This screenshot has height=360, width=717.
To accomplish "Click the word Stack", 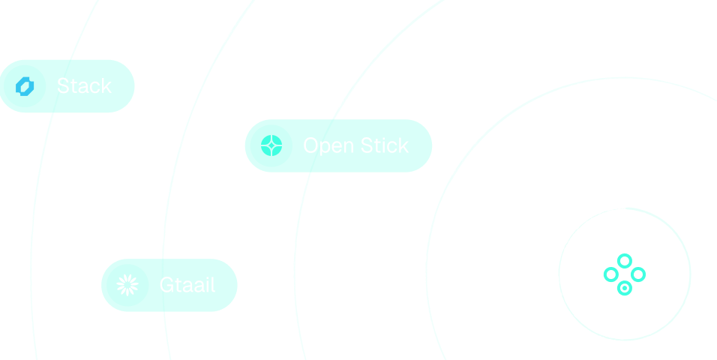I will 84,86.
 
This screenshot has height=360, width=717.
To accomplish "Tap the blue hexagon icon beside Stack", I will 25,86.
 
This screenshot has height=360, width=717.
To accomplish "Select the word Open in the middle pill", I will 328,146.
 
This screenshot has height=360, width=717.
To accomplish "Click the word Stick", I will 384,145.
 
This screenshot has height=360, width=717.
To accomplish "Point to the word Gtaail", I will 187,285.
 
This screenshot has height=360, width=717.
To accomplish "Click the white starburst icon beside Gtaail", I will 127,284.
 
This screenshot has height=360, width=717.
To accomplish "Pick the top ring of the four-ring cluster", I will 624,260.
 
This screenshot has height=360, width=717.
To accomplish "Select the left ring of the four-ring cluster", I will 610,274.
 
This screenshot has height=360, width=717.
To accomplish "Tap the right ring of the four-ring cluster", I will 638,274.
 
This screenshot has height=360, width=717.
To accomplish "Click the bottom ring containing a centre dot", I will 624,288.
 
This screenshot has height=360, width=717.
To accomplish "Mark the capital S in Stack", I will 63,86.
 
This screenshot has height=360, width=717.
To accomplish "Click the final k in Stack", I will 106,86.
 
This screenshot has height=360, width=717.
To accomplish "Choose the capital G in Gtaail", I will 166,285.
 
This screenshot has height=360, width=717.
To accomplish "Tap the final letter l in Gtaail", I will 213,285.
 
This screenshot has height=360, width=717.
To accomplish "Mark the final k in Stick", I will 403,145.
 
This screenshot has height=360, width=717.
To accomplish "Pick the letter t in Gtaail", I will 178,285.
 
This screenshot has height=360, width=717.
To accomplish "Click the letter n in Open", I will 347,147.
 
